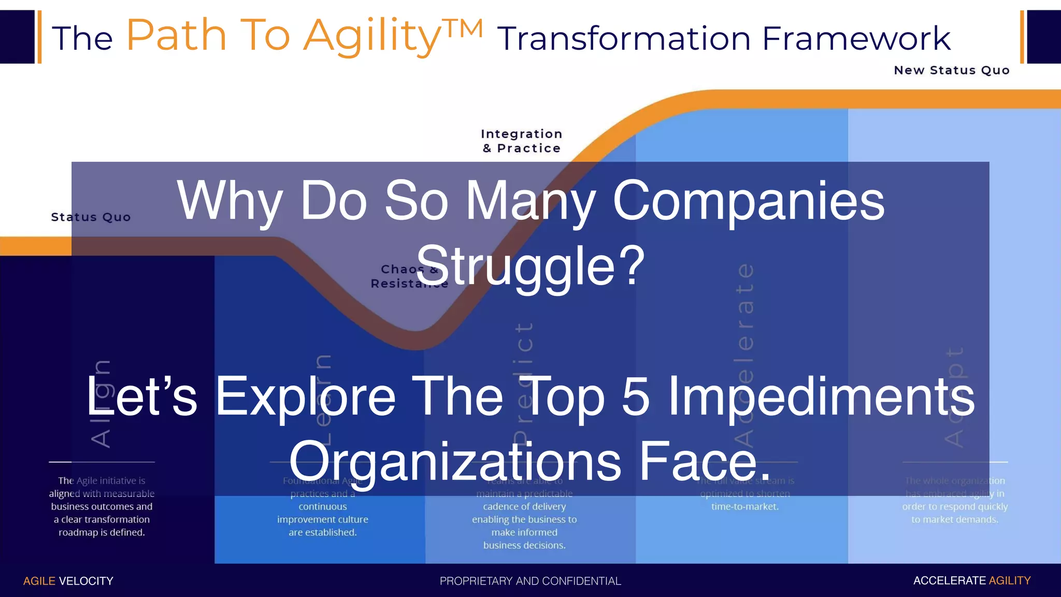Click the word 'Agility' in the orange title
click(372, 36)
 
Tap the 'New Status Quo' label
click(952, 70)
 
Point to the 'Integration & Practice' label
click(522, 141)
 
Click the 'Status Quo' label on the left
click(91, 217)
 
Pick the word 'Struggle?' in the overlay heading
click(530, 266)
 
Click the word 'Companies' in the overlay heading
click(749, 201)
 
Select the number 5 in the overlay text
click(635, 396)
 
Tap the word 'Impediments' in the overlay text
click(822, 396)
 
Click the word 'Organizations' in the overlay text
click(455, 461)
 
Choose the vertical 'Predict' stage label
click(524, 383)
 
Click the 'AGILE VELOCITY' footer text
click(68, 581)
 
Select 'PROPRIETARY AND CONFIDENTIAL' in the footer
click(530, 581)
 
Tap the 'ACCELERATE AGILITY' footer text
click(972, 580)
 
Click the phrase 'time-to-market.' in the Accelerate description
click(745, 507)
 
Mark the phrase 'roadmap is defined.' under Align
click(102, 532)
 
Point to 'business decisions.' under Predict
click(524, 545)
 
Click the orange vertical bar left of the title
click(39, 37)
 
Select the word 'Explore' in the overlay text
click(305, 396)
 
